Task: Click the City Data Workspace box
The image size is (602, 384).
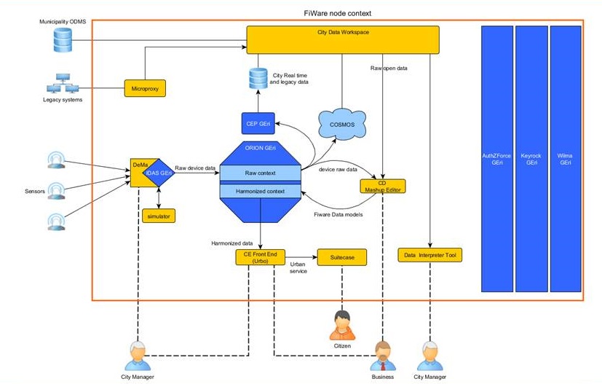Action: pyautogui.click(x=343, y=39)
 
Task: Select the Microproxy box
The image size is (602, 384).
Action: pyautogui.click(x=146, y=88)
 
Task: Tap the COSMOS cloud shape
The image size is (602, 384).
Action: pyautogui.click(x=342, y=125)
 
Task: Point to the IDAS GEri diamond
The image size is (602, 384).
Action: pyautogui.click(x=159, y=172)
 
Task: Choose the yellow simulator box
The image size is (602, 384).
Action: pyautogui.click(x=159, y=216)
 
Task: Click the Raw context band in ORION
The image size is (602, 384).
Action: pyautogui.click(x=260, y=173)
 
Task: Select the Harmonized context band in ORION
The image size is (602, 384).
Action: pyautogui.click(x=260, y=191)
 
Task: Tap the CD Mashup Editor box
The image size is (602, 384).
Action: pyautogui.click(x=382, y=186)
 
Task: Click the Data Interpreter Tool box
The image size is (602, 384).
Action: pyautogui.click(x=429, y=256)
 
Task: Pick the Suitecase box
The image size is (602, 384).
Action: pyautogui.click(x=341, y=256)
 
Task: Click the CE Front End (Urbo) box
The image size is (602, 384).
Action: pyautogui.click(x=258, y=256)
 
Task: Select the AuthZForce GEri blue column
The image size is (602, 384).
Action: pyautogui.click(x=496, y=158)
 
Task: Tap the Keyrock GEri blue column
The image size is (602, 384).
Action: pyautogui.click(x=531, y=158)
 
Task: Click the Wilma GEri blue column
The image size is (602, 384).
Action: pyautogui.click(x=566, y=158)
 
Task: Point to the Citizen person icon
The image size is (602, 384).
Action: pyautogui.click(x=341, y=325)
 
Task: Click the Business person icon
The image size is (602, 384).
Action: pyautogui.click(x=382, y=356)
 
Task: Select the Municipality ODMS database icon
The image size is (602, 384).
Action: pyautogui.click(x=64, y=39)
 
